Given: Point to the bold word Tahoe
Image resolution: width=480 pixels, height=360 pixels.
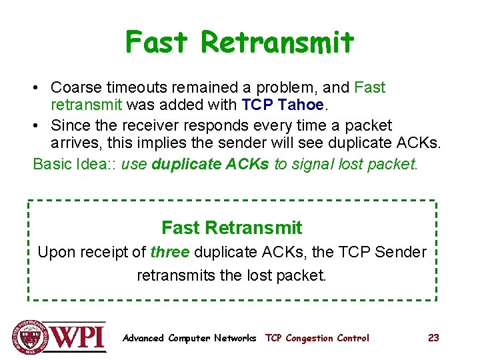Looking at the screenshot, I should pos(301,105).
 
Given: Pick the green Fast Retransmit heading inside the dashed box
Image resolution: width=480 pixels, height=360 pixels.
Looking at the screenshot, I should pos(231,228).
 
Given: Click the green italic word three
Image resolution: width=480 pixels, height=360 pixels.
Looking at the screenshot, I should pos(170,253).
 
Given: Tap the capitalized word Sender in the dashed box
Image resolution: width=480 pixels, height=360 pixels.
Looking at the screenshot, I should pos(400,253).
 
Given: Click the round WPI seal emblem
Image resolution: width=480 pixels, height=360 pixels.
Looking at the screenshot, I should pos(31,337).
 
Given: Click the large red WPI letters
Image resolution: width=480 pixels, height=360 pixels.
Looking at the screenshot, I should pos(79,336).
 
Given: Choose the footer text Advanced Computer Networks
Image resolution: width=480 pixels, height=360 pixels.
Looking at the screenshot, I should pos(189,338).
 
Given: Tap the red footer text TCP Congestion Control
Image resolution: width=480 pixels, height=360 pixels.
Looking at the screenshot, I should pos(317,338).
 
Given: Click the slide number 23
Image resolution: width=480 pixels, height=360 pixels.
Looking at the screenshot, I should pos(433,338).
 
